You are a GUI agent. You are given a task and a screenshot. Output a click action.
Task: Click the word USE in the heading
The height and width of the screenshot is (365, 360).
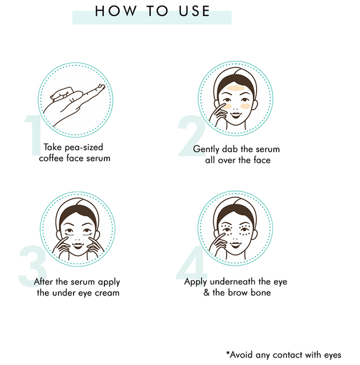click(194, 11)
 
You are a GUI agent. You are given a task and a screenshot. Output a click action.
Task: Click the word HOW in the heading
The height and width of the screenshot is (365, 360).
click(115, 11)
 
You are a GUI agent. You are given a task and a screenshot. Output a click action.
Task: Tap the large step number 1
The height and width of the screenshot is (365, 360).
click(34, 135)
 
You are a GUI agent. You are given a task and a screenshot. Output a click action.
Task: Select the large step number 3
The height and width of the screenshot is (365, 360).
click(32, 266)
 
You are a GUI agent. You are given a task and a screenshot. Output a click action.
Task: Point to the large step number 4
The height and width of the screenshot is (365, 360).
click(191, 262)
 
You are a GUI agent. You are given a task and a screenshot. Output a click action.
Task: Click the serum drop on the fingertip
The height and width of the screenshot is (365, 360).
click(102, 87)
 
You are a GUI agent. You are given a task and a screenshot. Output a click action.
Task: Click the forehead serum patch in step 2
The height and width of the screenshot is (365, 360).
click(236, 88)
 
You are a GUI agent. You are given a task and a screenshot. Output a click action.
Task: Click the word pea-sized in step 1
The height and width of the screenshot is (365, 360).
click(83, 148)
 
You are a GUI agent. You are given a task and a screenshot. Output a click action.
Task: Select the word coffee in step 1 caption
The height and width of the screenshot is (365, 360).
click(51, 158)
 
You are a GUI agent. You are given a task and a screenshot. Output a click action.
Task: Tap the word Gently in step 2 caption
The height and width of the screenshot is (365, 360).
click(206, 149)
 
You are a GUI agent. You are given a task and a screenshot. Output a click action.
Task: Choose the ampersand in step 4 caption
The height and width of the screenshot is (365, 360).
click(206, 293)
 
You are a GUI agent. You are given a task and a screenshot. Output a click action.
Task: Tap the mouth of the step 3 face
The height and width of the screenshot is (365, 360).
click(78, 246)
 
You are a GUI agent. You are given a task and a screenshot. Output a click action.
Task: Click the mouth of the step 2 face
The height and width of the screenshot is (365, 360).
click(235, 115)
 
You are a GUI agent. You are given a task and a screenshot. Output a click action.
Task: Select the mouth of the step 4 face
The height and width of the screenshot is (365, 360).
click(235, 245)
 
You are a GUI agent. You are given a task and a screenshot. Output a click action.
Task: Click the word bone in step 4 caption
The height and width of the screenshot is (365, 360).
click(261, 293)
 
